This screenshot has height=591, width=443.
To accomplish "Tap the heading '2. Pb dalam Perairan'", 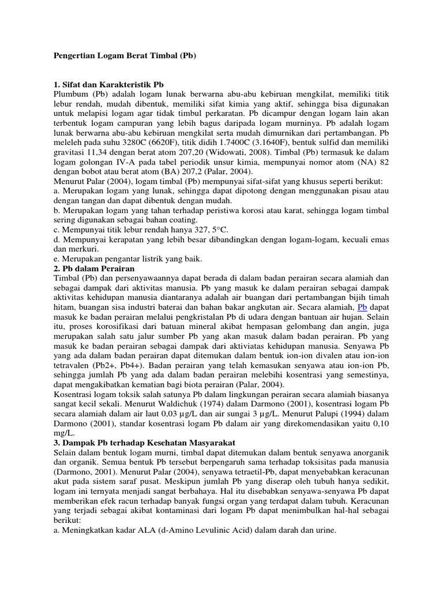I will point(93,268).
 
